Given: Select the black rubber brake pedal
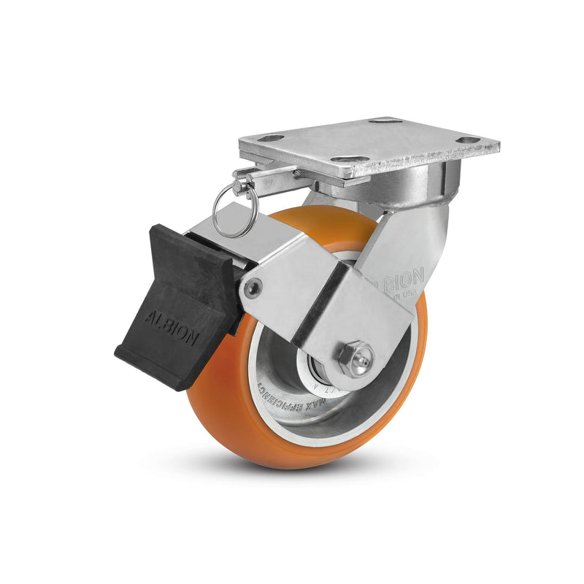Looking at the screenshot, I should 179,307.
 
